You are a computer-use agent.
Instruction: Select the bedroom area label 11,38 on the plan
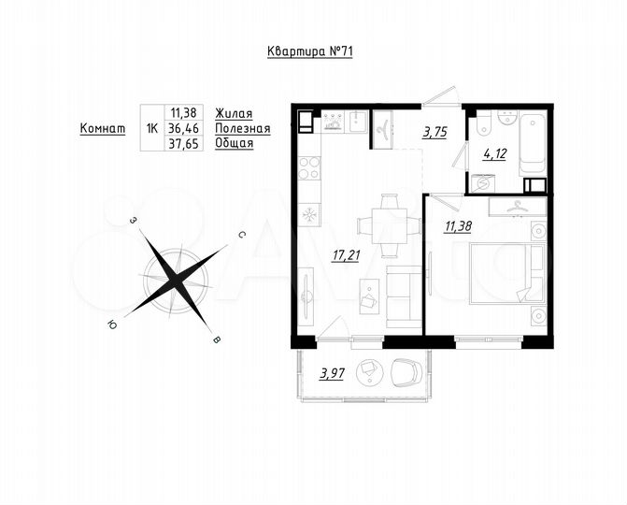pos(459,224)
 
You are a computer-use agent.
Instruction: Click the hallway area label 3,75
pos(435,133)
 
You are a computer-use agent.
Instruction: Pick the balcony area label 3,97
pos(332,375)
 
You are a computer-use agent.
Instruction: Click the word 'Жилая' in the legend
pos(234,112)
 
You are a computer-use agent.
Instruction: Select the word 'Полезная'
pos(242,128)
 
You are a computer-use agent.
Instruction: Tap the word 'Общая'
pos(235,145)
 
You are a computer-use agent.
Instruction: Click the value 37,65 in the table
pos(185,145)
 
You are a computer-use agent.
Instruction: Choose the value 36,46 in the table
pos(185,129)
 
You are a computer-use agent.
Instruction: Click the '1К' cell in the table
pos(151,129)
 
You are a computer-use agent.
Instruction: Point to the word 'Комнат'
pos(103,129)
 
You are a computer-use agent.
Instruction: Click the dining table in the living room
pos(380,224)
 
